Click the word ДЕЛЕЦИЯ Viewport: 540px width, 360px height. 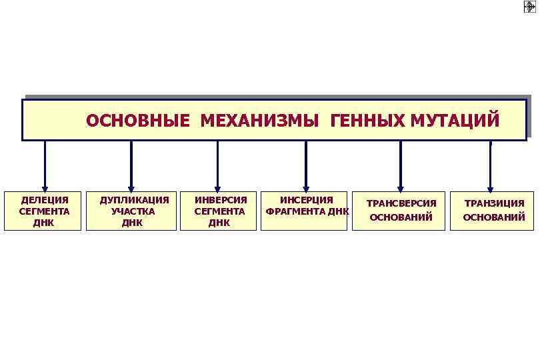[x=44, y=200]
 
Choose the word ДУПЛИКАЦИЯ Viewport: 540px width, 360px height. [x=134, y=200]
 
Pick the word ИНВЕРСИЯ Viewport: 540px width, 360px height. [x=220, y=200]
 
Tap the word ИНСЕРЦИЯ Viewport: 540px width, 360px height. [x=306, y=200]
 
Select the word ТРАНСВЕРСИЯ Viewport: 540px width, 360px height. [x=401, y=203]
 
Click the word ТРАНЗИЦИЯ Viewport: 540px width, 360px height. [x=494, y=203]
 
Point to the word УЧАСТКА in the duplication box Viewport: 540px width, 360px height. [x=133, y=211]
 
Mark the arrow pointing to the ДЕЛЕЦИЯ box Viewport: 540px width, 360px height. [x=45, y=167]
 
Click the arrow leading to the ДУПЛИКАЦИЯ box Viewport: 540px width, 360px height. [x=131, y=167]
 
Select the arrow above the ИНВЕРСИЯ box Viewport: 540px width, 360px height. [x=217, y=167]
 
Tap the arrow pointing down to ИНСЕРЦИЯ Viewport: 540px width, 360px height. [x=306, y=167]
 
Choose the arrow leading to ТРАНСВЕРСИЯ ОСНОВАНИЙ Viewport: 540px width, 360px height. [x=401, y=167]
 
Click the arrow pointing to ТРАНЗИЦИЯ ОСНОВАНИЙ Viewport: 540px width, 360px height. [x=490, y=167]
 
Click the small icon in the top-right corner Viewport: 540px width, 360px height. [x=530, y=7]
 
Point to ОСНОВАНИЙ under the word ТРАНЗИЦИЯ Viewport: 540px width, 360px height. [x=494, y=217]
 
